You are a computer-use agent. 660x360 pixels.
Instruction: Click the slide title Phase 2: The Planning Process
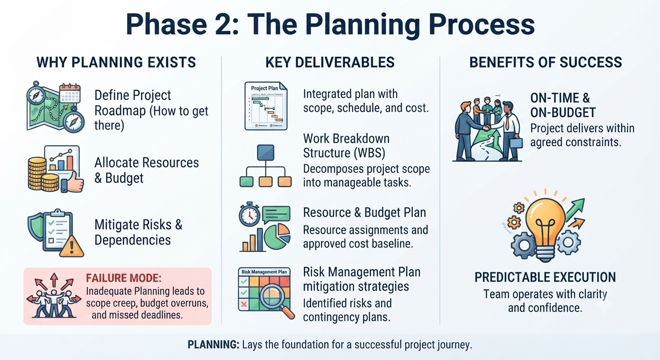point(330,25)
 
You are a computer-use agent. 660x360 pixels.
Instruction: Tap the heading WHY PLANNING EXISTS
point(116,62)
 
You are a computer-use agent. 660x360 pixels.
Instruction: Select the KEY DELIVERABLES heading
point(330,62)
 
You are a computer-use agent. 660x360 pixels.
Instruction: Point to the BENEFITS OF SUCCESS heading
point(546,62)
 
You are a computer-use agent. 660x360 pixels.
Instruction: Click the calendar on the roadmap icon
point(70,93)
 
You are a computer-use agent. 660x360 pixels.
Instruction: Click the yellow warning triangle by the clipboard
point(72,247)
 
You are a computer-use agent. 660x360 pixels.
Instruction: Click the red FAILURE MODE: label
point(124,278)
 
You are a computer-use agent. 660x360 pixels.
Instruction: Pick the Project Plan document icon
point(266,106)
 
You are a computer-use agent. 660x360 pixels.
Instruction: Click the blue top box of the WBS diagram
point(265,153)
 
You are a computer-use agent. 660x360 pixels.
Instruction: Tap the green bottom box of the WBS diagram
point(246,181)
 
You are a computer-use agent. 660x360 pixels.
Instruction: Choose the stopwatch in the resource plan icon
point(249,215)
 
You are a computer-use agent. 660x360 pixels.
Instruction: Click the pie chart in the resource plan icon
point(277,237)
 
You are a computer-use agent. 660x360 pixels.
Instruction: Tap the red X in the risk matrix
point(244,304)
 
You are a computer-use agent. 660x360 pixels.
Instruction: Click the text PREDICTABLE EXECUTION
point(545,277)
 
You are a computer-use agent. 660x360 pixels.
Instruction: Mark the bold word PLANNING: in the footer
point(214,345)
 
